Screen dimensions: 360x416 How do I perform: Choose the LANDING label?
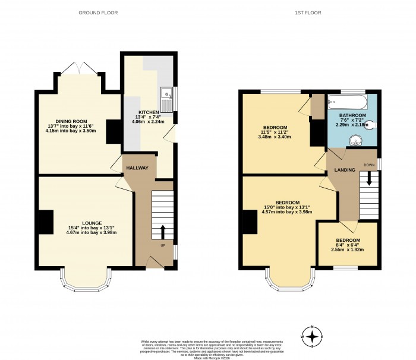[x=346, y=170]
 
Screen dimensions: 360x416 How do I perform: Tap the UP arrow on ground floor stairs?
[x=163, y=231]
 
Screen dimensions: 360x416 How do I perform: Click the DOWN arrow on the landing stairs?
[x=368, y=178]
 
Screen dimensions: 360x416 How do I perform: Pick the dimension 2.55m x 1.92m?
[x=347, y=250]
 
